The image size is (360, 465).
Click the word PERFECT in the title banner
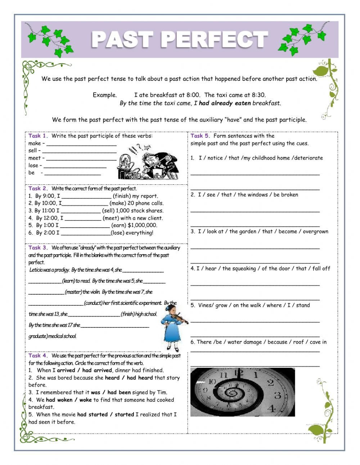coord(216,39)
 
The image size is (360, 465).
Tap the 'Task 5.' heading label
coord(200,136)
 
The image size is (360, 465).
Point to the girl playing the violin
coord(171,326)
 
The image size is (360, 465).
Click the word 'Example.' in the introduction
coord(105,95)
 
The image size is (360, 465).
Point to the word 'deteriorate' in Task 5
coord(308,158)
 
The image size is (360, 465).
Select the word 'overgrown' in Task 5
coord(315,232)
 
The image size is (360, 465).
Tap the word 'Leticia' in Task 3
coord(36,270)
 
